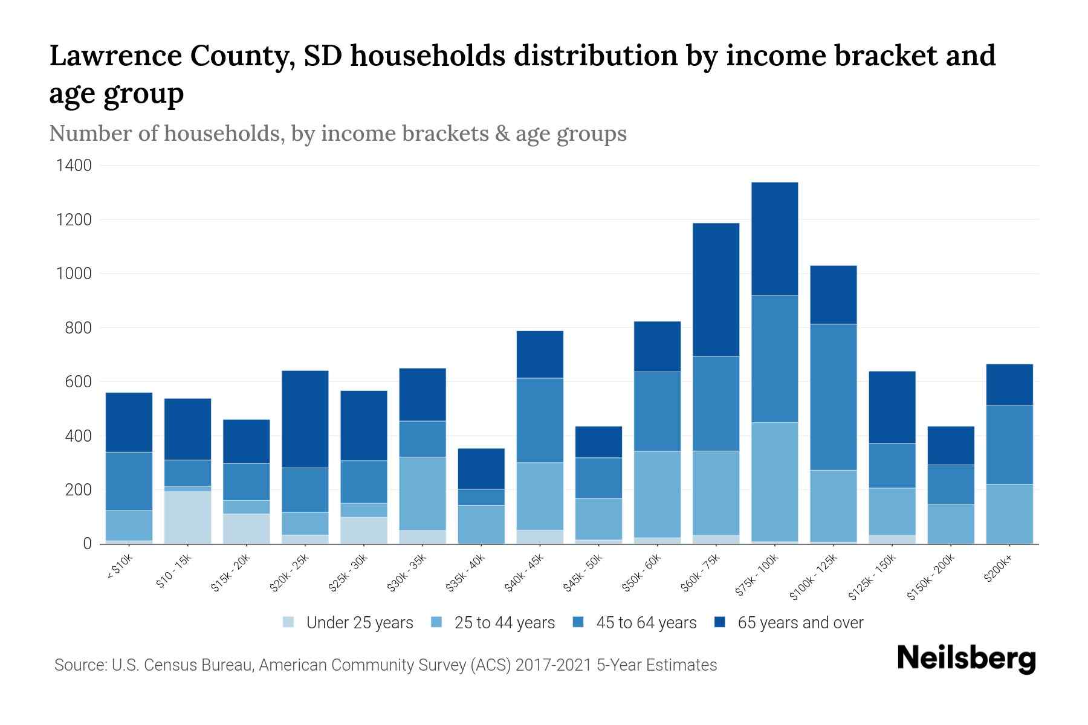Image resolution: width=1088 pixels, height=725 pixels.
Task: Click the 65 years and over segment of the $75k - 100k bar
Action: coord(774,239)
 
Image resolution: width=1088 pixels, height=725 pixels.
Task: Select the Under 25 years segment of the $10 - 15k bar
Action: coord(187,517)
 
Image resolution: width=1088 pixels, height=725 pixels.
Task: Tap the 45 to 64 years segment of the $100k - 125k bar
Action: coord(833,397)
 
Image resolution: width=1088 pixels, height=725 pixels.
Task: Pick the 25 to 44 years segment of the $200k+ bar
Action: coord(1009,514)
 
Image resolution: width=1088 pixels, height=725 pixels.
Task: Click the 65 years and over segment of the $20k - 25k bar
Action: coord(305,419)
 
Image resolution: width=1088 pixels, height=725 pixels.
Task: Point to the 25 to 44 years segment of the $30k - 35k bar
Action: coord(422,494)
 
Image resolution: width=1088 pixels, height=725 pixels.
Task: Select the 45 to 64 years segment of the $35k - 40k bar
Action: coord(481,497)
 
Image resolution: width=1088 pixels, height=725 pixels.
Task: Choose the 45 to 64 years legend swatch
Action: coord(578,622)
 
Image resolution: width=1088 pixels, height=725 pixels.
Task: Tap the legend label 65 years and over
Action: coord(800,623)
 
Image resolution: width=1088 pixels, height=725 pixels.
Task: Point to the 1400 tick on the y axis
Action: coord(74,166)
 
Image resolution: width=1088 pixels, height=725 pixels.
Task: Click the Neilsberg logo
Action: coord(966,659)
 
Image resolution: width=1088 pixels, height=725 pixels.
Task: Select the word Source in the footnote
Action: coord(79,665)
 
